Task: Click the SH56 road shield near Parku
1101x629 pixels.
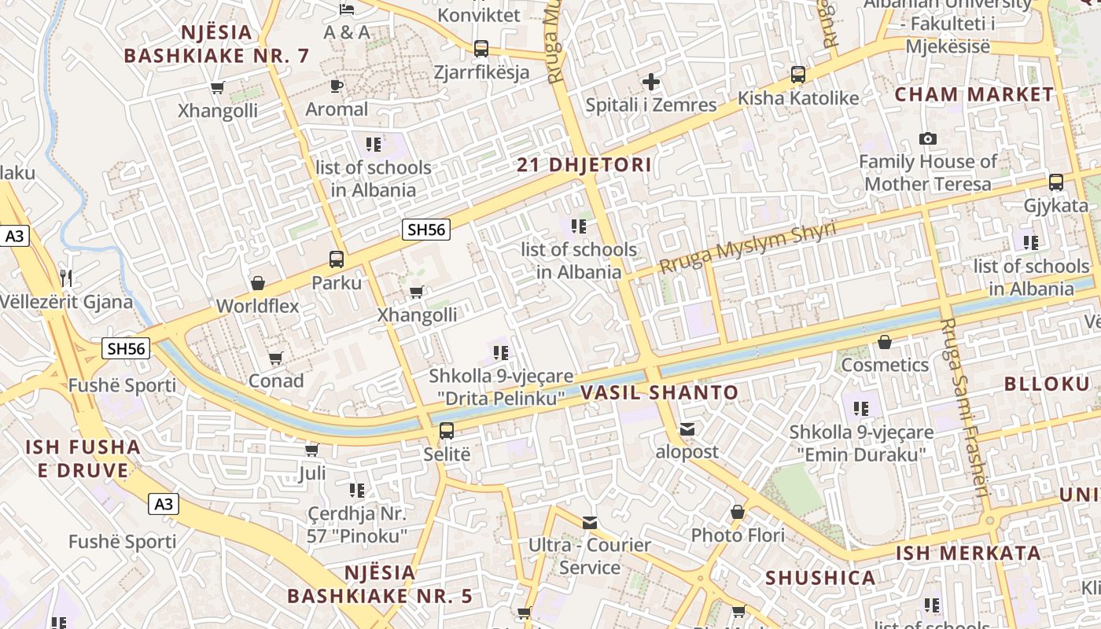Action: pos(426,230)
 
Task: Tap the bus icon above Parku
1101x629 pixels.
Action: pos(337,259)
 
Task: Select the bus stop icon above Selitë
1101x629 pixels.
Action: pos(447,430)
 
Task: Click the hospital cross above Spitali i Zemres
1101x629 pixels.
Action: pos(651,81)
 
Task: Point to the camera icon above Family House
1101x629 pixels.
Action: pos(928,139)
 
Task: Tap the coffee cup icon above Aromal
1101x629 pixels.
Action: pos(337,86)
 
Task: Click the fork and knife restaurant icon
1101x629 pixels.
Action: pos(66,278)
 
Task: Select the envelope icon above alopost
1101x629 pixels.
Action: pos(687,429)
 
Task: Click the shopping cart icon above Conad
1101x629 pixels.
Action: pos(276,359)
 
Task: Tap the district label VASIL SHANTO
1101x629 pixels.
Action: pos(660,392)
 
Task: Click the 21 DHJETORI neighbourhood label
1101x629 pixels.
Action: pos(584,165)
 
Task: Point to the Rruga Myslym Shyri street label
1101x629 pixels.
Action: pos(747,248)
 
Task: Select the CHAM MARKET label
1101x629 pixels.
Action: pos(974,94)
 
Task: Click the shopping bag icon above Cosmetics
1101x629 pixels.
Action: pos(885,342)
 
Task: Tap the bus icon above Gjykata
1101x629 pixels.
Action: pos(1056,182)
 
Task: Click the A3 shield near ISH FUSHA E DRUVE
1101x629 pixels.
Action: pos(164,504)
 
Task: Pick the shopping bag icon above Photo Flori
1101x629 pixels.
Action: pos(738,513)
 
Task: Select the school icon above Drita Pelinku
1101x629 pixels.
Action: pos(501,352)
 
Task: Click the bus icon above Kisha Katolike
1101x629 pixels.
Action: pos(798,75)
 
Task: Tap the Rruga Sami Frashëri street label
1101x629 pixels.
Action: pos(964,409)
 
